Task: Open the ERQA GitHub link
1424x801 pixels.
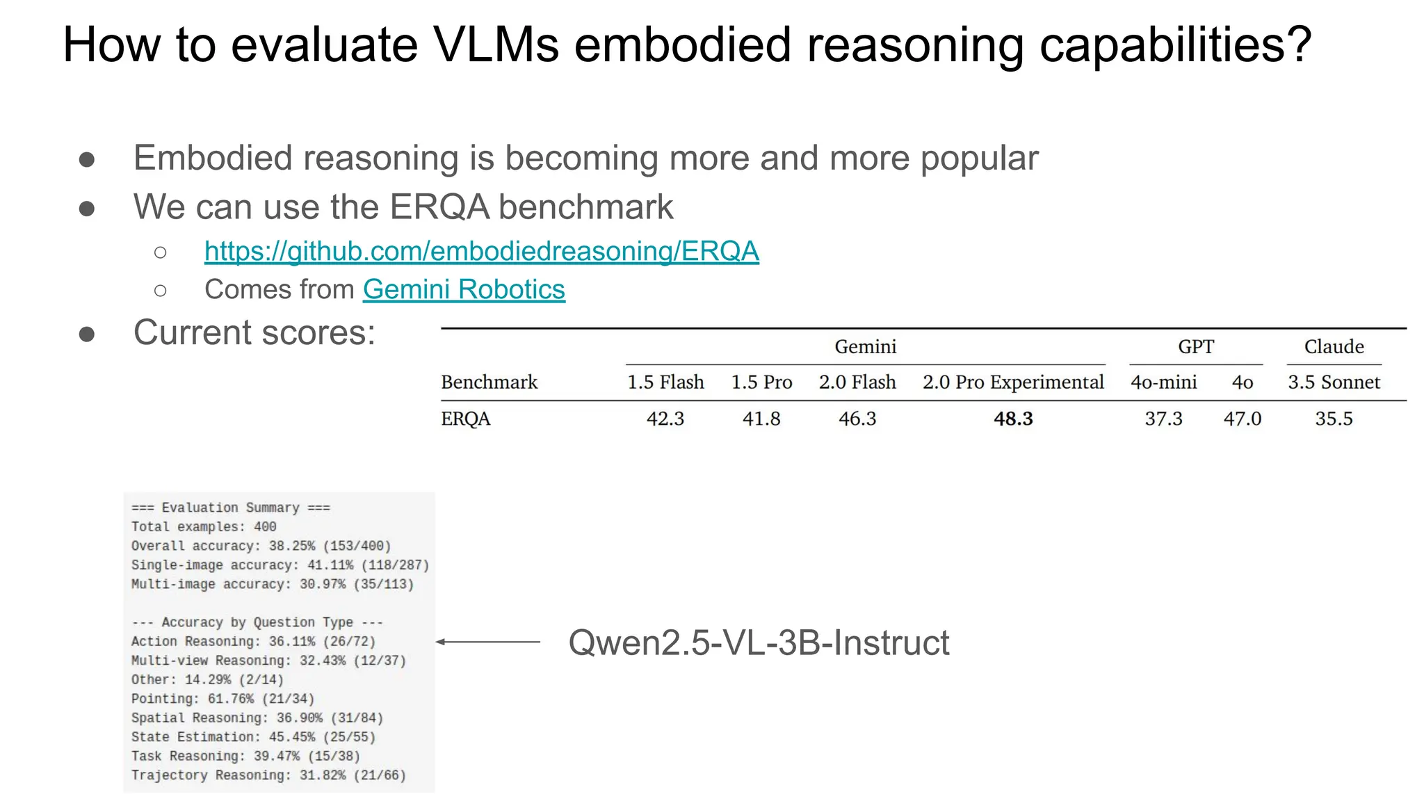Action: pyautogui.click(x=481, y=251)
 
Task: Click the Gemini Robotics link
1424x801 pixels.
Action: pyautogui.click(x=464, y=289)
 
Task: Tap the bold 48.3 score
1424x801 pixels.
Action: pyautogui.click(x=1013, y=419)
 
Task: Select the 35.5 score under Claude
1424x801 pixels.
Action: pyautogui.click(x=1334, y=419)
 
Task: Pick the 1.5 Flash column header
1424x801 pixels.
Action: pyautogui.click(x=665, y=382)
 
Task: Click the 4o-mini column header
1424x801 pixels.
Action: pyautogui.click(x=1163, y=382)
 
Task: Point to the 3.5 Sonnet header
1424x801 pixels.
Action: pyautogui.click(x=1334, y=382)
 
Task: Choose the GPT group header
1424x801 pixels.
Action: pyautogui.click(x=1196, y=346)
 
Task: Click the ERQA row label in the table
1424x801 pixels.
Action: pyautogui.click(x=466, y=419)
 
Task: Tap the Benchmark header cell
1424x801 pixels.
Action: pyautogui.click(x=489, y=382)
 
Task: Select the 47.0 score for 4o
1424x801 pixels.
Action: pyautogui.click(x=1243, y=419)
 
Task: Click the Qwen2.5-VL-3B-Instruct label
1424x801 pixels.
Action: pyautogui.click(x=759, y=642)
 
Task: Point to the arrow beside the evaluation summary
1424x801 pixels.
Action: pyautogui.click(x=488, y=642)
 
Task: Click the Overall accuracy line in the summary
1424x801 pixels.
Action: pyautogui.click(x=261, y=546)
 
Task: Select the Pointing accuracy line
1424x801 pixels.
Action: pyautogui.click(x=222, y=699)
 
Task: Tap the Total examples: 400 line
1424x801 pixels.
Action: pyautogui.click(x=204, y=527)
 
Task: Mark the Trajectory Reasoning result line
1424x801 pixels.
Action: pyautogui.click(x=268, y=775)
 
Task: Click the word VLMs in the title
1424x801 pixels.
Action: pyautogui.click(x=496, y=44)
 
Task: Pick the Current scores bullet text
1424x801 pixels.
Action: pyautogui.click(x=254, y=332)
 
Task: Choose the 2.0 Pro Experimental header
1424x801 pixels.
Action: pyautogui.click(x=1013, y=382)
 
